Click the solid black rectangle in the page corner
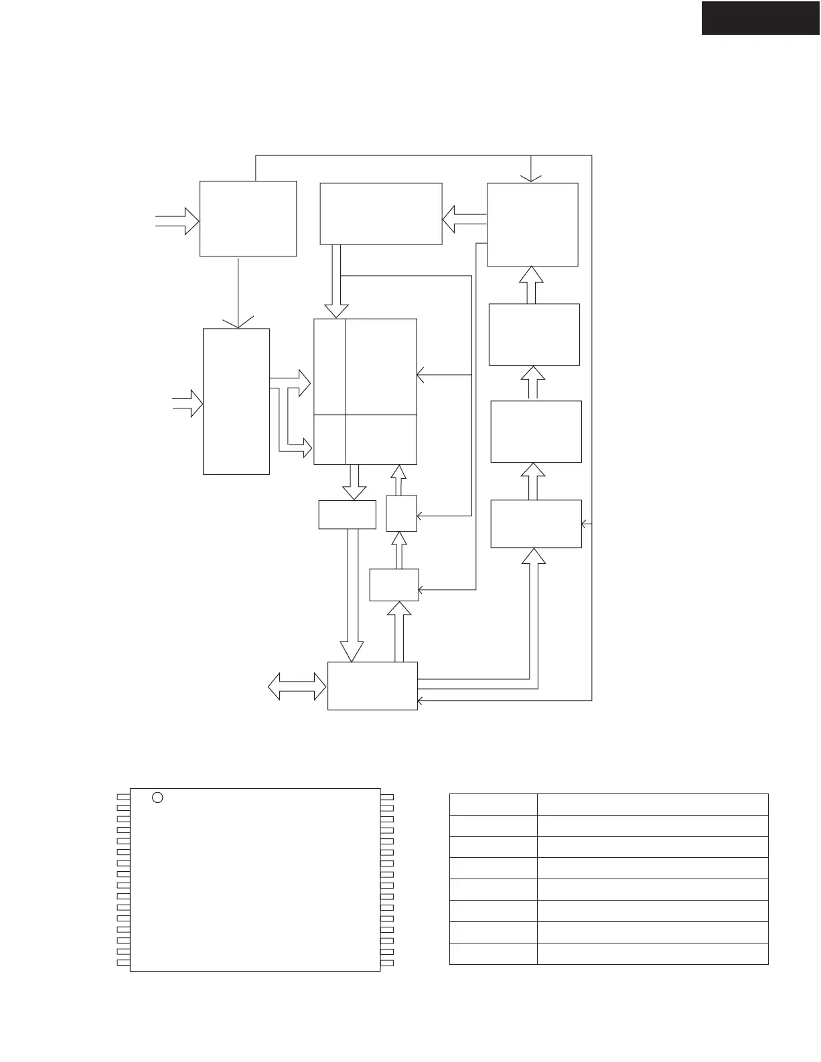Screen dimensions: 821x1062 click(761, 17)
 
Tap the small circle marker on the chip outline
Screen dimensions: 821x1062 click(157, 797)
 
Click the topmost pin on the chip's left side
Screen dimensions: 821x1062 click(123, 797)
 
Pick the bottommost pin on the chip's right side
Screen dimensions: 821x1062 click(387, 963)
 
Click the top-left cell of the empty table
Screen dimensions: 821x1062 click(493, 804)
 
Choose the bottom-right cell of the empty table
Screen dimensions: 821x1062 click(652, 954)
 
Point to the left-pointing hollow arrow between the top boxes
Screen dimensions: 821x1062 click(464, 219)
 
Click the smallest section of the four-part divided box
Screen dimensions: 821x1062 click(329, 439)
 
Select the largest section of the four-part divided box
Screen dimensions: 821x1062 click(381, 366)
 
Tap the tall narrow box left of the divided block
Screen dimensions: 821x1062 click(236, 401)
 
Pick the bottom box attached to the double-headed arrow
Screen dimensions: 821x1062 click(372, 686)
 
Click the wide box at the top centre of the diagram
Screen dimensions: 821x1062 click(380, 214)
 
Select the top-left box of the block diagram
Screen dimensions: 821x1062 click(248, 218)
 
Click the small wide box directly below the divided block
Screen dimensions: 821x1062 click(347, 514)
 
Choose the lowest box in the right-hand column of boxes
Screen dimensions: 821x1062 click(536, 524)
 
